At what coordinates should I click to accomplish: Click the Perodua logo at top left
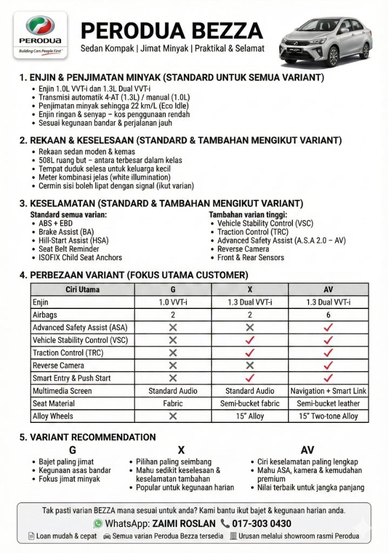pyautogui.click(x=41, y=33)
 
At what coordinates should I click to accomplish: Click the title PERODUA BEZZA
pyautogui.click(x=172, y=30)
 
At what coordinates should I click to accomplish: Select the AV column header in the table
pyautogui.click(x=328, y=289)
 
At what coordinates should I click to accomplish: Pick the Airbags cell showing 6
pyautogui.click(x=328, y=315)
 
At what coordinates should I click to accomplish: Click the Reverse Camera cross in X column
pyautogui.click(x=250, y=366)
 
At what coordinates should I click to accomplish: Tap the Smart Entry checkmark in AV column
pyautogui.click(x=328, y=378)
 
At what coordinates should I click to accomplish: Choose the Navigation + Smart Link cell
pyautogui.click(x=328, y=391)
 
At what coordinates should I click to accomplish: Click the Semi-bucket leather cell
pyautogui.click(x=328, y=403)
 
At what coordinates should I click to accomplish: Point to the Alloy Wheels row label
pyautogui.click(x=53, y=416)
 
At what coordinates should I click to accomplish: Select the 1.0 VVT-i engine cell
pyautogui.click(x=173, y=302)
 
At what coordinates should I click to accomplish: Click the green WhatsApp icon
pyautogui.click(x=98, y=523)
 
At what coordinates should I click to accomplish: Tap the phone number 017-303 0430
pyautogui.click(x=262, y=523)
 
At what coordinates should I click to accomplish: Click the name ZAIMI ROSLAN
pyautogui.click(x=184, y=523)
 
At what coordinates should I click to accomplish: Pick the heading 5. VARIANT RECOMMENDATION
pyautogui.click(x=88, y=437)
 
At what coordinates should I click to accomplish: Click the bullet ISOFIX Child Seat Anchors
pyautogui.click(x=80, y=258)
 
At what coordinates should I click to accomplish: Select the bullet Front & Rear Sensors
pyautogui.click(x=250, y=258)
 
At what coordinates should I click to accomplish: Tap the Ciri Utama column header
pyautogui.click(x=83, y=289)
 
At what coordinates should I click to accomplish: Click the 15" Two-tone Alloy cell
pyautogui.click(x=328, y=416)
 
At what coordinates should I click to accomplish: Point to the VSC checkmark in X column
pyautogui.click(x=250, y=340)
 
